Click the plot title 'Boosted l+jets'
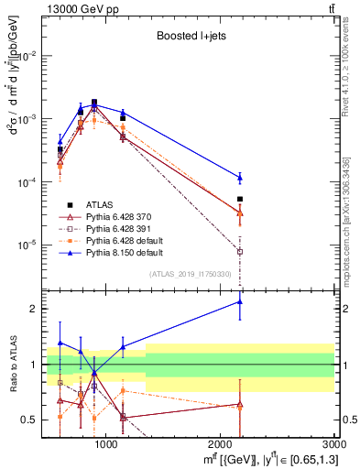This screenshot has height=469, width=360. [x=183, y=36]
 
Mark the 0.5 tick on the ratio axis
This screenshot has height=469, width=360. [x=27, y=420]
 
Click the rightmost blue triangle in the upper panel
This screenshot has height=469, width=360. [x=240, y=177]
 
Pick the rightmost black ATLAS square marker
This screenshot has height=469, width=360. [x=240, y=199]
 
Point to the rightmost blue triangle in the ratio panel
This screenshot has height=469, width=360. [x=240, y=301]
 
